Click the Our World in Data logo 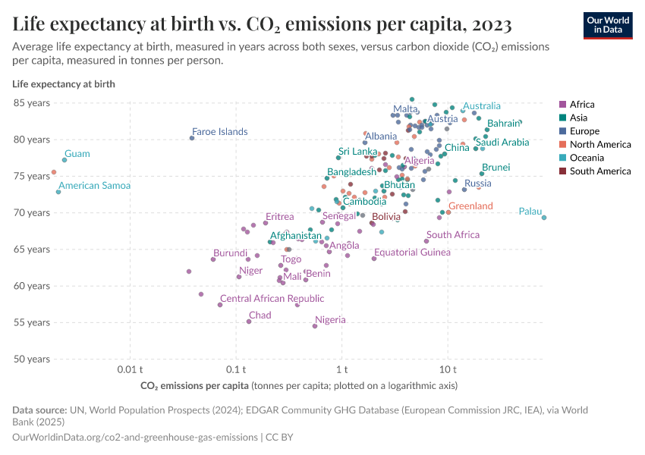pyautogui.click(x=608, y=25)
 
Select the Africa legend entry pyautogui.click(x=582, y=105)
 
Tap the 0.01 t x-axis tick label pyautogui.click(x=130, y=369)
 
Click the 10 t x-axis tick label pyautogui.click(x=448, y=369)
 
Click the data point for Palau pyautogui.click(x=544, y=218)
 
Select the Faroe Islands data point pyautogui.click(x=192, y=138)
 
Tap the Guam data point pyautogui.click(x=64, y=160)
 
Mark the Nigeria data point pyautogui.click(x=315, y=326)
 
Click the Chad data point pyautogui.click(x=249, y=322)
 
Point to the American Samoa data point pyautogui.click(x=58, y=192)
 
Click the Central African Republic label pyautogui.click(x=272, y=299)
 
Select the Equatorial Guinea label pyautogui.click(x=412, y=253)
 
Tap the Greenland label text pyautogui.click(x=470, y=206)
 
